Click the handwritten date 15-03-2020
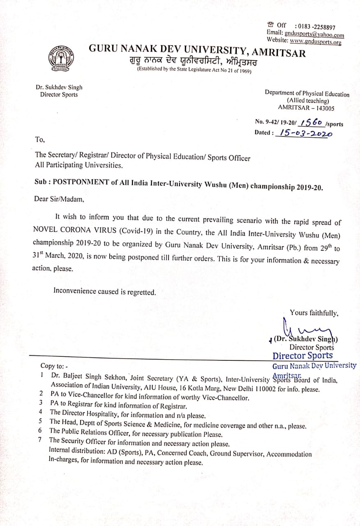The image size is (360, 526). point(305,133)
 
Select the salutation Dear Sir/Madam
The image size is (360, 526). point(59,200)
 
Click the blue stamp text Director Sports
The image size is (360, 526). point(303,356)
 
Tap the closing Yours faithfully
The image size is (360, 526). point(314,313)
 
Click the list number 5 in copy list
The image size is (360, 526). point(40,421)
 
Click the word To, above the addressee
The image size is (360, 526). point(40,140)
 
